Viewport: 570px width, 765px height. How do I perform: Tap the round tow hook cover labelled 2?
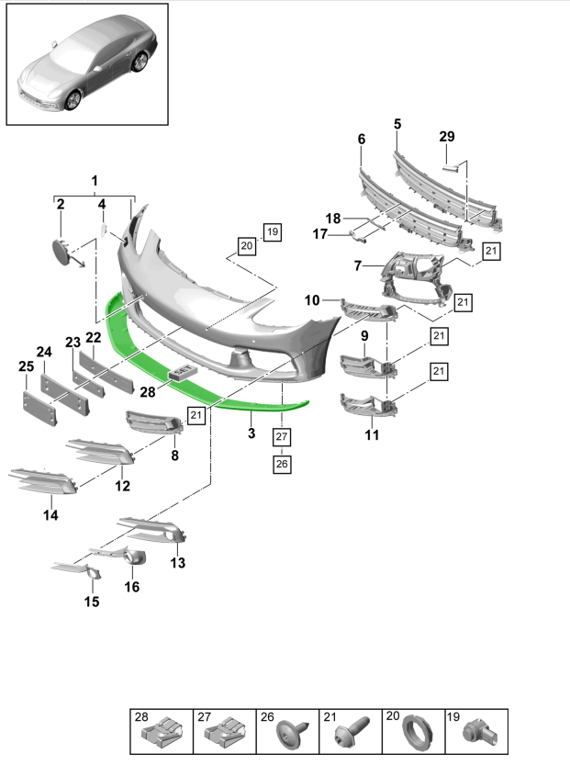[61, 251]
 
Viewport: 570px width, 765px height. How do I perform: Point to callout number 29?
[446, 137]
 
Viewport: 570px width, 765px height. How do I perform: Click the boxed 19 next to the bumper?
[272, 231]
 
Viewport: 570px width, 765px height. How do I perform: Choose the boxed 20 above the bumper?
[246, 245]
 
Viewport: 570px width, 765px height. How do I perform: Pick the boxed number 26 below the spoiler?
[281, 464]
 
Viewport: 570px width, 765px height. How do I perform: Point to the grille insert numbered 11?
[367, 405]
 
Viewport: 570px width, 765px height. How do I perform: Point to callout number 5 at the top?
[397, 123]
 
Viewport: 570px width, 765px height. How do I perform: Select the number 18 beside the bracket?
[332, 219]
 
